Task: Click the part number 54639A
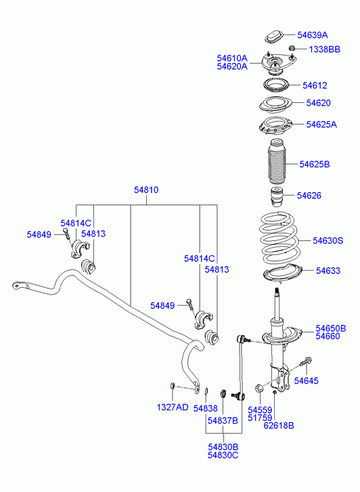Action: [x=312, y=35]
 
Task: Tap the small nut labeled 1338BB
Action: [x=292, y=48]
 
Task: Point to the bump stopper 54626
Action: [x=277, y=197]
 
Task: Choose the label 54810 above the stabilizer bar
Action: [x=146, y=190]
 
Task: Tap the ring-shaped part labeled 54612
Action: [x=275, y=85]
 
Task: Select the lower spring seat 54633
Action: [x=282, y=274]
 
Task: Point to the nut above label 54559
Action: [x=259, y=388]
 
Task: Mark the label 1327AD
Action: [x=173, y=407]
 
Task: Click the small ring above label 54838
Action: [x=206, y=390]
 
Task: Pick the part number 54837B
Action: [x=223, y=420]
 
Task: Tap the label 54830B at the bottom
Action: [x=223, y=447]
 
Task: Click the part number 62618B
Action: [x=279, y=426]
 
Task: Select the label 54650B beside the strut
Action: [x=330, y=328]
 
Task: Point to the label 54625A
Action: [x=321, y=125]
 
